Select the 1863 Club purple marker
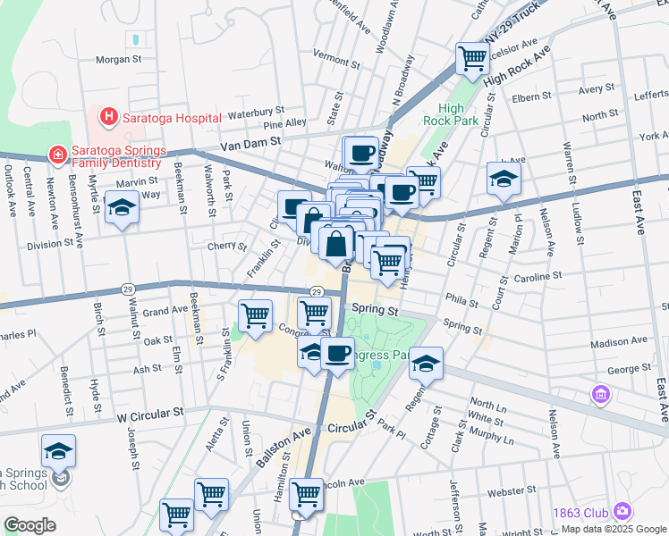click(622, 511)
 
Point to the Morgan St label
click(120, 60)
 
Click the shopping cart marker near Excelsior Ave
click(472, 60)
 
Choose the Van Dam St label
click(250, 141)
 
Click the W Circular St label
click(149, 415)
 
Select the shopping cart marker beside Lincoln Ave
click(306, 493)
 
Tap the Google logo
click(30, 525)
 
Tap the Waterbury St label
click(255, 113)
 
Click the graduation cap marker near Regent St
click(427, 364)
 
